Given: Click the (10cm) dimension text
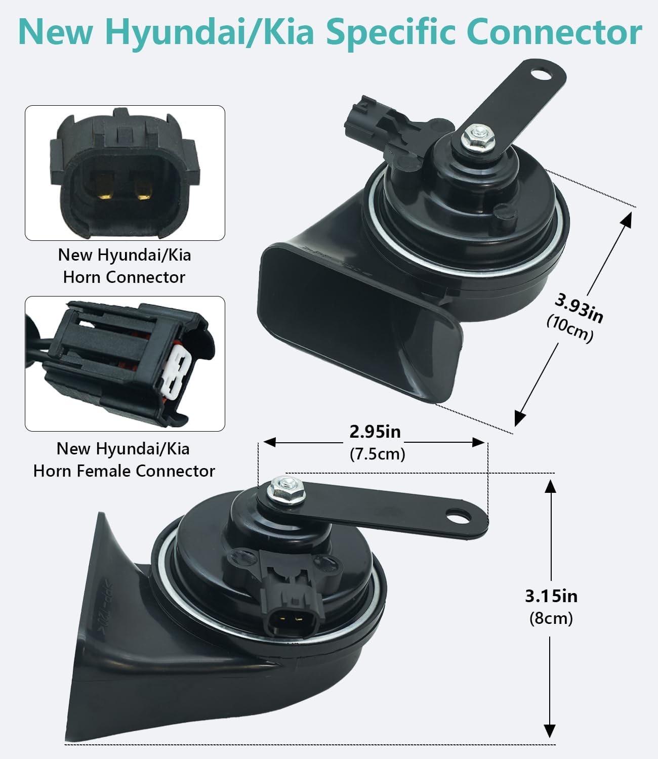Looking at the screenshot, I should click(570, 329).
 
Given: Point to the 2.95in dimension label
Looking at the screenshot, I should click(375, 432).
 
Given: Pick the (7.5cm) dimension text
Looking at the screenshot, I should click(378, 454).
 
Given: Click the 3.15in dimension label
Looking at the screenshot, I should click(551, 596).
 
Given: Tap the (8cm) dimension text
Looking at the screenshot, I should click(551, 618).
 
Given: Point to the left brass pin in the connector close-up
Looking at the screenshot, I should click(104, 187).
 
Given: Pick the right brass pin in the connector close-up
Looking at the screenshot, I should click(143, 187).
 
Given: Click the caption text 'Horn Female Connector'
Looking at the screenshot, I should click(124, 471).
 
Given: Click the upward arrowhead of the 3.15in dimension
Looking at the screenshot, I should click(550, 486).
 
